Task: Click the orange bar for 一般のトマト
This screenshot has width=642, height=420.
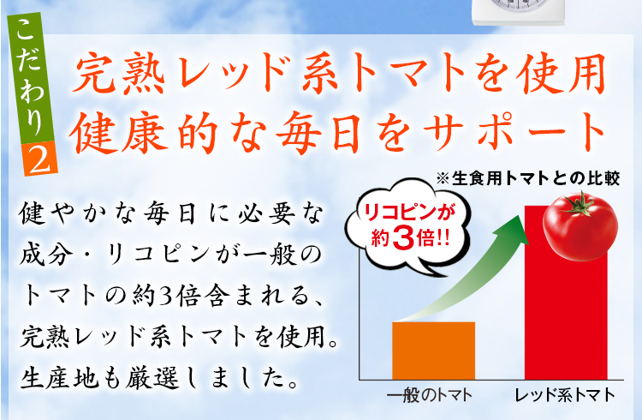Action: coord(434,351)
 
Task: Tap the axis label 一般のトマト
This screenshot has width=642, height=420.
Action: coord(430,396)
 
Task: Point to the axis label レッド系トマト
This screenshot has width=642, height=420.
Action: coord(566,396)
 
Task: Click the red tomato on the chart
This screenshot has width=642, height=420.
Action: coord(580,227)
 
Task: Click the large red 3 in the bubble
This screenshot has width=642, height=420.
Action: coord(403,238)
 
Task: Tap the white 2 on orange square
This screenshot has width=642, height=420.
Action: coord(40,159)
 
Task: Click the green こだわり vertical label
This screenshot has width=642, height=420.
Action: coord(31,78)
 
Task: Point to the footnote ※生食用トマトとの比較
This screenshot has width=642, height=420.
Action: coord(528,179)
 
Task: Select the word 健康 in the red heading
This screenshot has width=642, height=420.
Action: coord(119,133)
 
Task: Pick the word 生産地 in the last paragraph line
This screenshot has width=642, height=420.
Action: coord(60,378)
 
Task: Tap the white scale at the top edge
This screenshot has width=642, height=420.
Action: coord(519,12)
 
